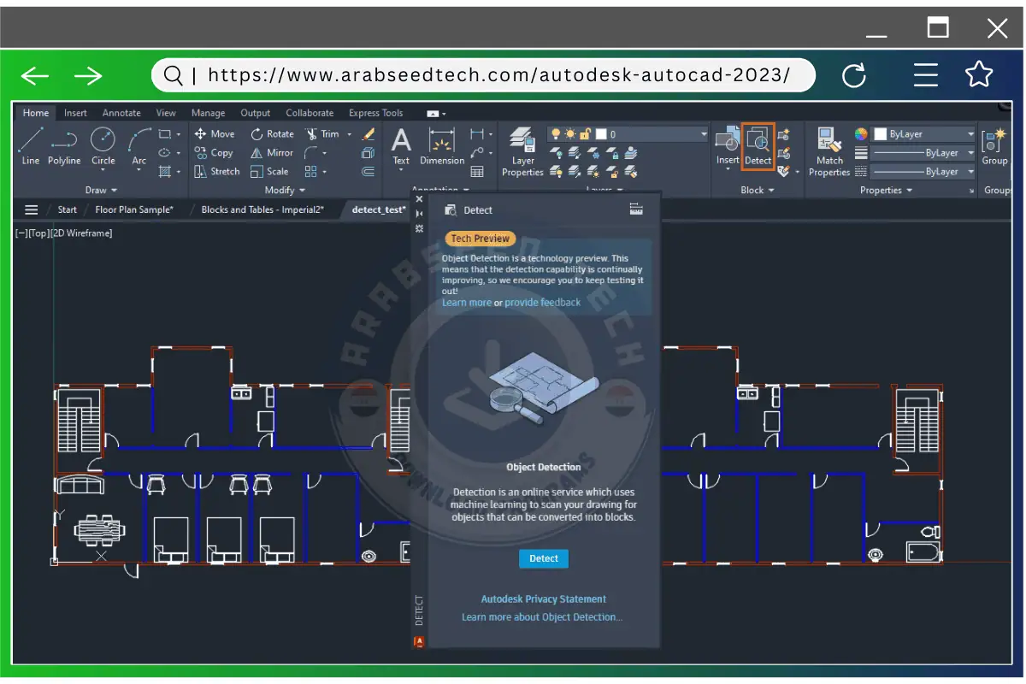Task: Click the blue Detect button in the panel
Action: (x=543, y=558)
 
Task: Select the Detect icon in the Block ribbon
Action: (x=758, y=145)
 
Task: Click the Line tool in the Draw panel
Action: (x=31, y=145)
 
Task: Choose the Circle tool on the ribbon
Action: (x=103, y=145)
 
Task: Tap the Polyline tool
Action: (x=64, y=145)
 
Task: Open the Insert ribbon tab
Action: (x=75, y=113)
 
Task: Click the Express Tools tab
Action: (x=375, y=113)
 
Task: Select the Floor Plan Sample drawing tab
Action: (x=134, y=209)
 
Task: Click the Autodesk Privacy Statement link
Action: (x=543, y=599)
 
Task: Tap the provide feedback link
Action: (x=542, y=303)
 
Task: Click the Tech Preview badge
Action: (x=480, y=239)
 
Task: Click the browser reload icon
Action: (x=854, y=76)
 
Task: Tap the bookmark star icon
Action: (x=979, y=75)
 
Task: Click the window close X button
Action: (x=997, y=28)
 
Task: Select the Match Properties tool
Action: (x=829, y=152)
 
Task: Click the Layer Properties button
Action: (x=522, y=152)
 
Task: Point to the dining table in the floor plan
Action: (x=99, y=529)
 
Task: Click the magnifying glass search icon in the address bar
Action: (x=173, y=75)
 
